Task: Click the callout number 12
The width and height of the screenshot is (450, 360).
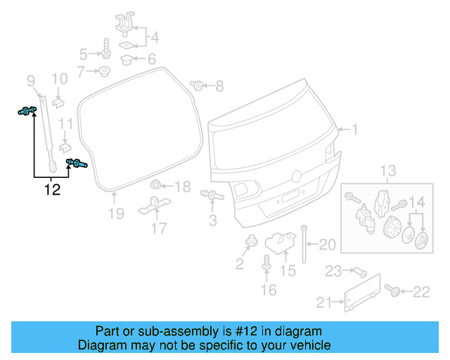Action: (x=52, y=188)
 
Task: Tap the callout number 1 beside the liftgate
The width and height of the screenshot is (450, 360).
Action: (x=355, y=129)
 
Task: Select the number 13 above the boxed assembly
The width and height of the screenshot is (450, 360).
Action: (x=389, y=171)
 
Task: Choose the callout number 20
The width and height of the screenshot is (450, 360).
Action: (x=328, y=245)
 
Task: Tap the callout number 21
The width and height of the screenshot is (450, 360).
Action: (x=323, y=302)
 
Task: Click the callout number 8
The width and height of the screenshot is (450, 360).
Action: (x=219, y=86)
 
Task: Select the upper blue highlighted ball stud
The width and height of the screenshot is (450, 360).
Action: (x=27, y=110)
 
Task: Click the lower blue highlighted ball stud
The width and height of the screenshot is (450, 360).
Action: (x=76, y=165)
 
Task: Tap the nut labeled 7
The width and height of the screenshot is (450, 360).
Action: (x=104, y=71)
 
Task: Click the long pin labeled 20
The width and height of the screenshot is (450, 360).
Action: (x=304, y=243)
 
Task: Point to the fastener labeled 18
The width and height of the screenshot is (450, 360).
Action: (x=157, y=186)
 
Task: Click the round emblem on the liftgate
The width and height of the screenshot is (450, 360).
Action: (x=297, y=175)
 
